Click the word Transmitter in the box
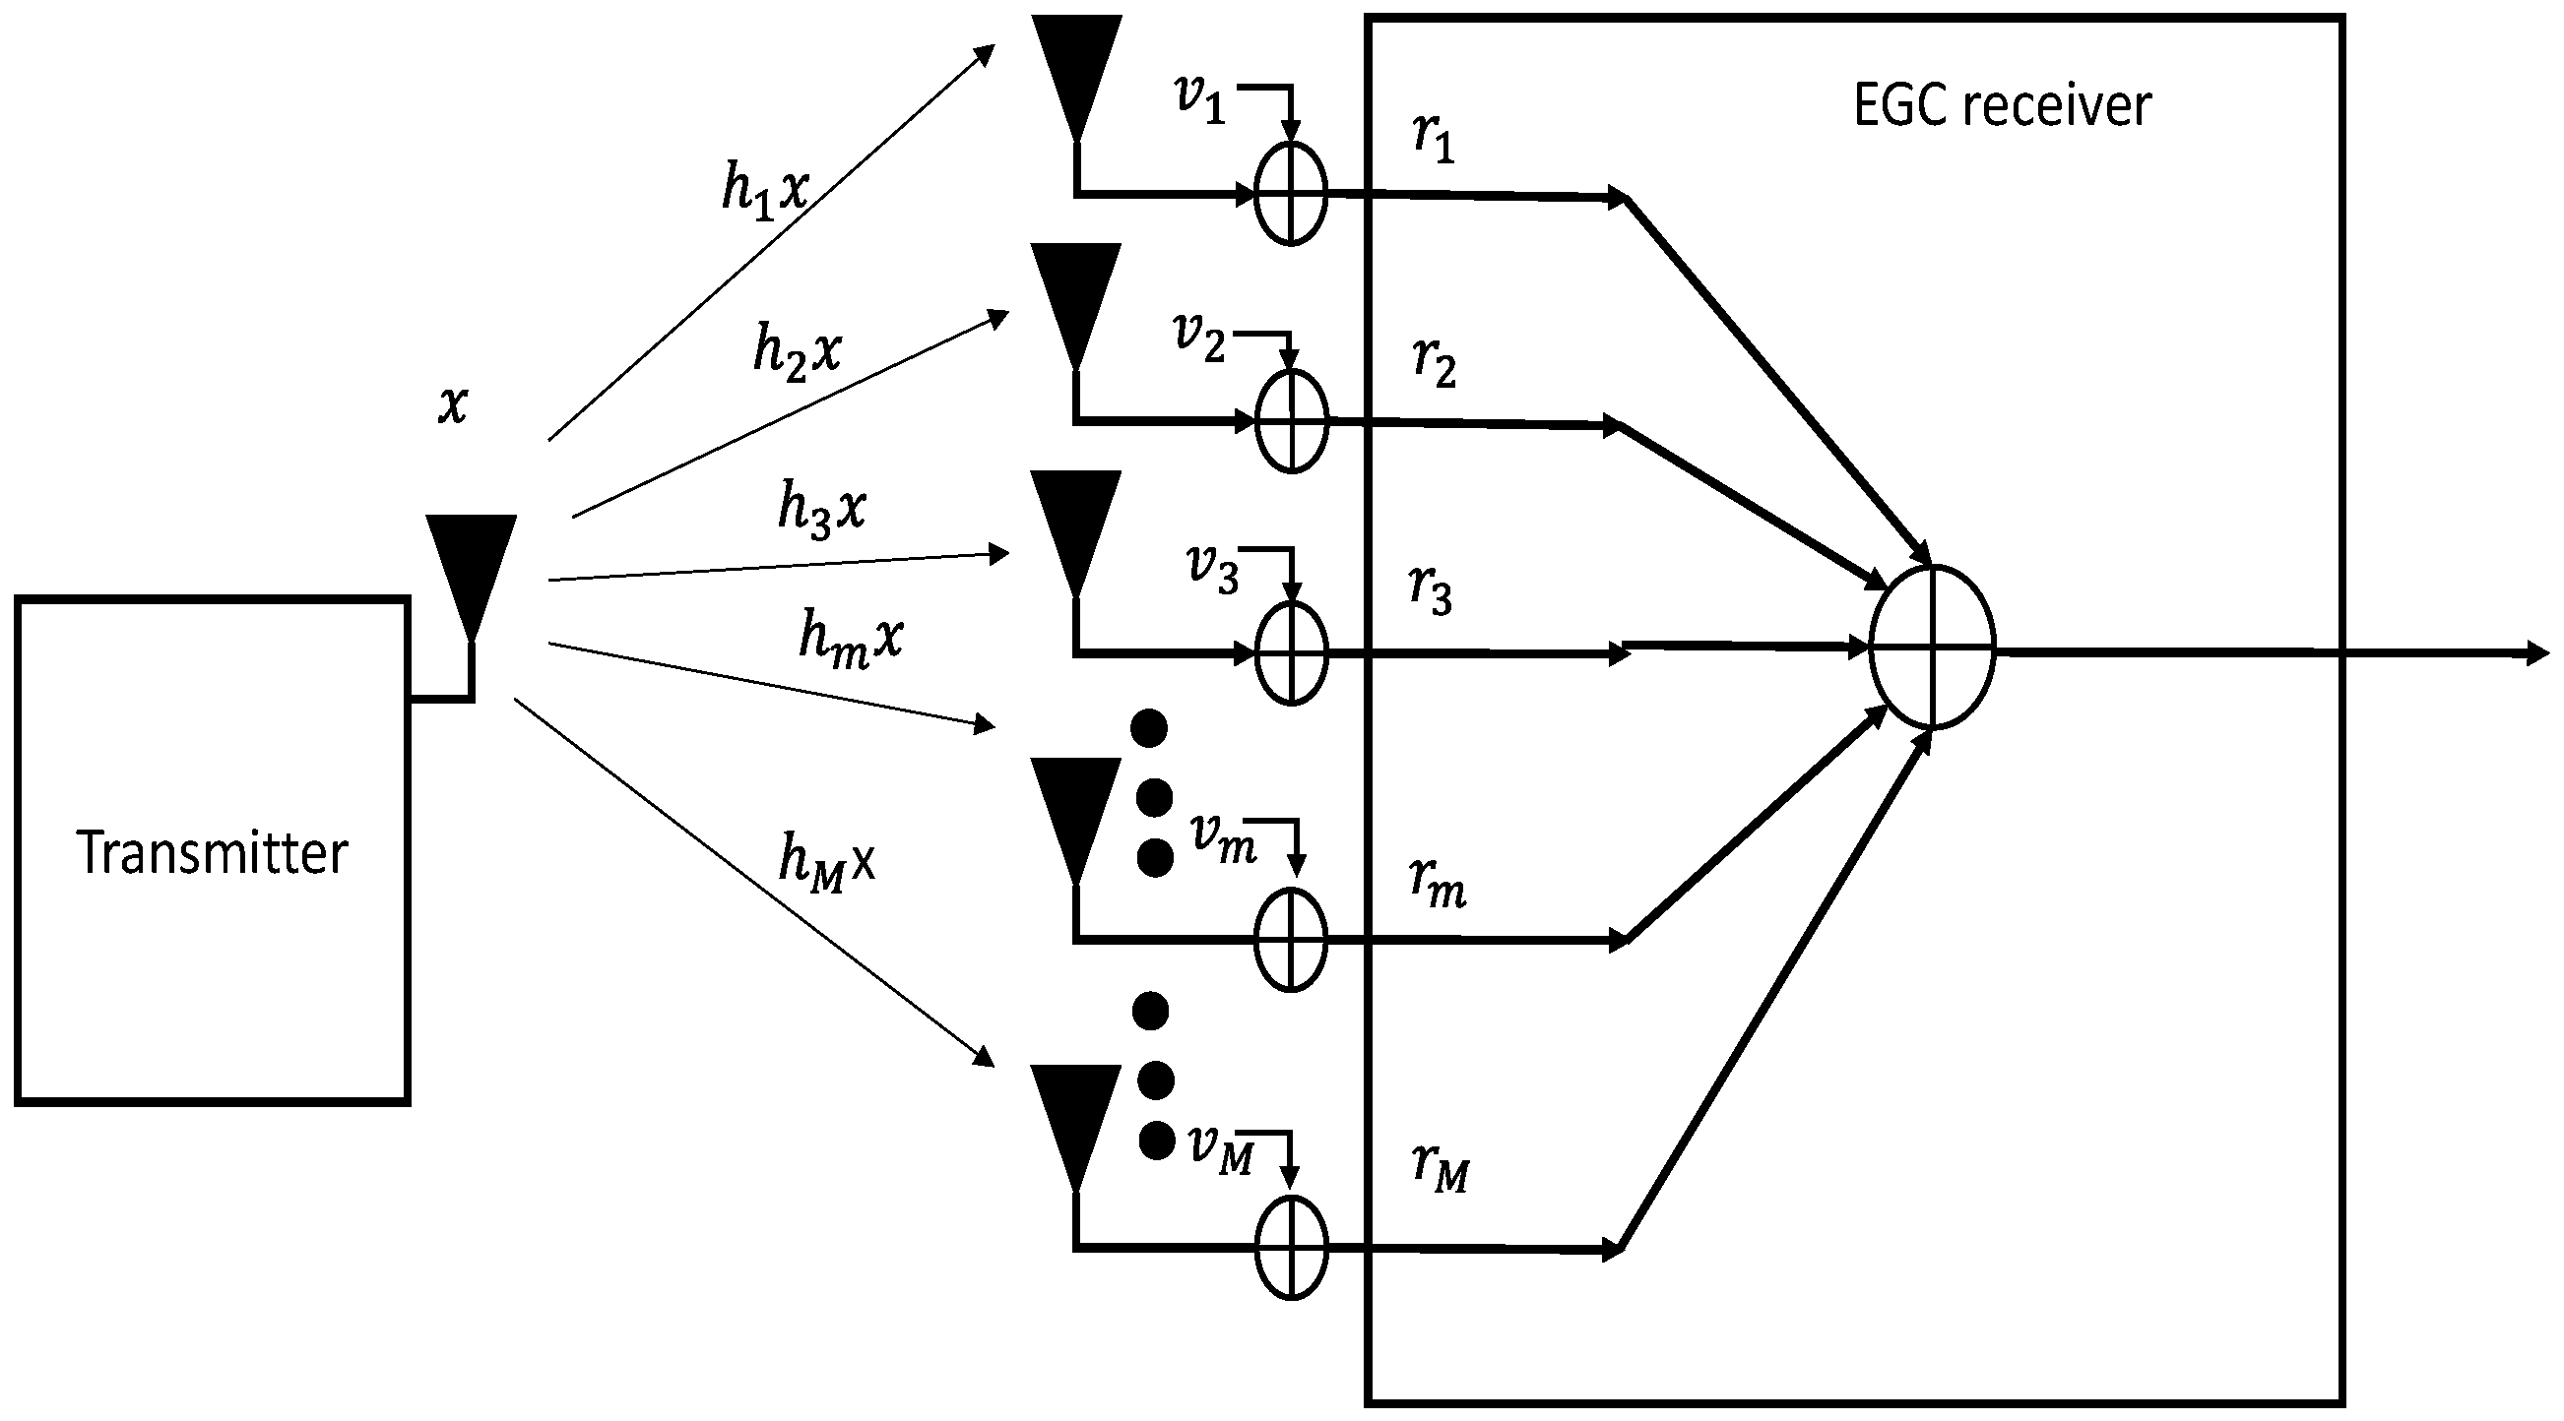(211, 854)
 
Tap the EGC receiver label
(2002, 105)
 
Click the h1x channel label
(764, 189)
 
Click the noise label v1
(1200, 99)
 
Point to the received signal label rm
(1438, 882)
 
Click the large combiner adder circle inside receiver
(1932, 647)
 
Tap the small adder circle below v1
(1291, 193)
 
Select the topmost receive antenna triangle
(1076, 70)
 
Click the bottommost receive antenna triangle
(1076, 1121)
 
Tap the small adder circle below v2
(1291, 421)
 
